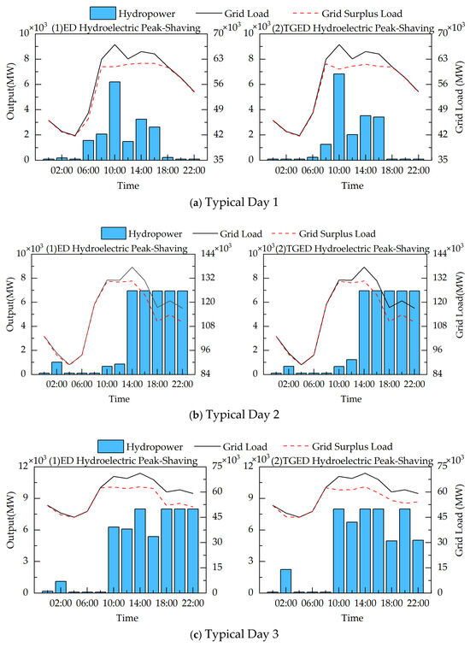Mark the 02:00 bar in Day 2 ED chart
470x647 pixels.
(56, 368)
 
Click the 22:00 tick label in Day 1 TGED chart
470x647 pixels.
(417, 171)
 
